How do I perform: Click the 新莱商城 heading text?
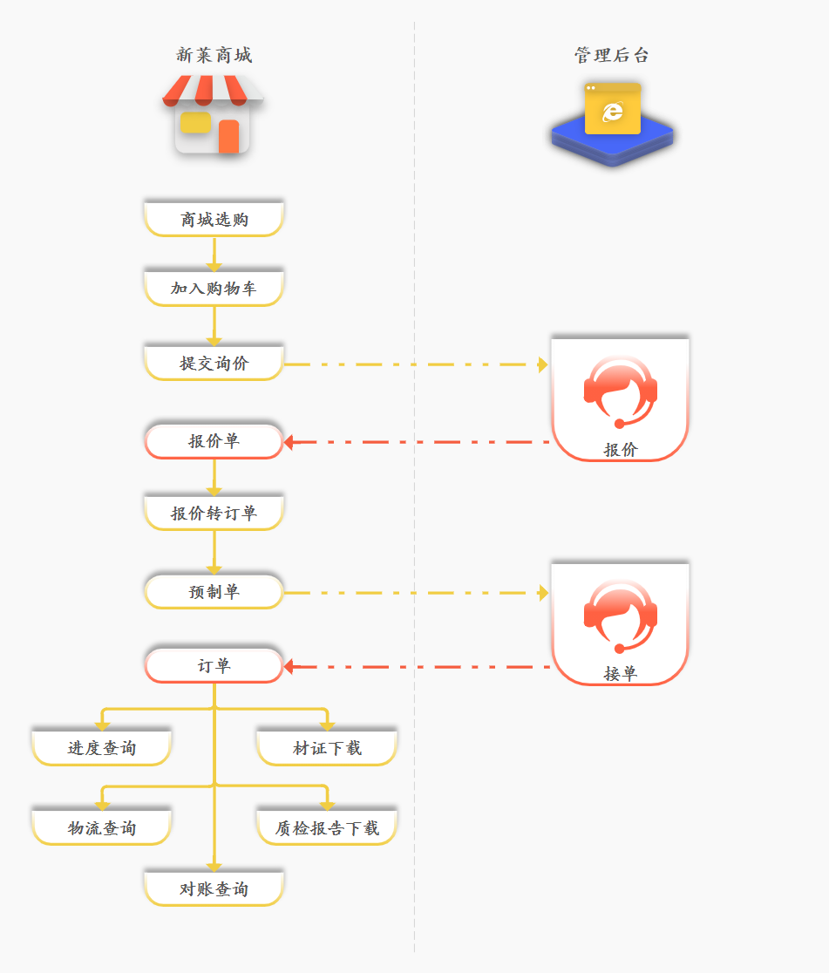[214, 56]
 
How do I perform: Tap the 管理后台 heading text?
[612, 56]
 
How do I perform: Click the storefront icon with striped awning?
[214, 114]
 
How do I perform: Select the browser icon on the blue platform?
[613, 110]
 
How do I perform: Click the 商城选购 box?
[214, 219]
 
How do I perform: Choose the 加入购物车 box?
[214, 289]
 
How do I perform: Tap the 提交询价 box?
[214, 364]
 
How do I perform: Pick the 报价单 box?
[214, 441]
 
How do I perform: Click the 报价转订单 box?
[214, 513]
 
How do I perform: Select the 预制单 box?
[214, 592]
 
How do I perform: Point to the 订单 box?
[214, 666]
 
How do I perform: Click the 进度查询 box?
[102, 748]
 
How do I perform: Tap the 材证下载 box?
[327, 748]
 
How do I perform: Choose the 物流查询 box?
[102, 827]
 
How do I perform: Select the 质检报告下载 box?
[327, 827]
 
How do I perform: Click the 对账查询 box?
[214, 888]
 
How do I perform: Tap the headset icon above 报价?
[620, 391]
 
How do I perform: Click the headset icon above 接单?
[620, 616]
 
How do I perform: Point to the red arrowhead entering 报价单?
[289, 442]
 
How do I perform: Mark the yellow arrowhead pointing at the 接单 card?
[543, 593]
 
